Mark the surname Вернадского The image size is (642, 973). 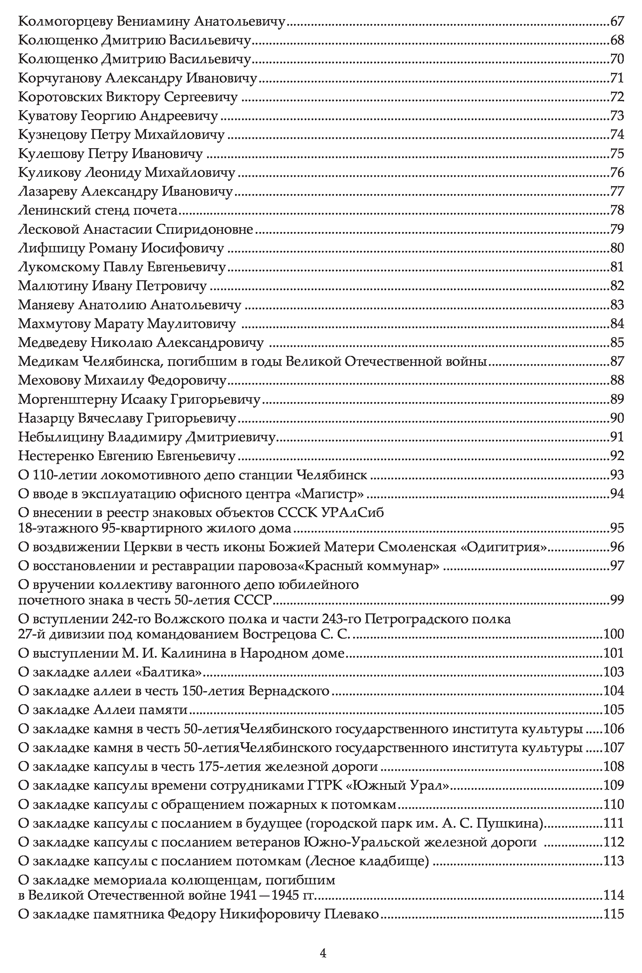coord(289,691)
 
